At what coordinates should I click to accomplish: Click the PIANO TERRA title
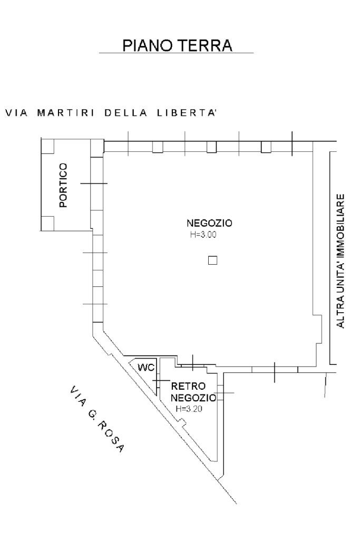click(x=177, y=46)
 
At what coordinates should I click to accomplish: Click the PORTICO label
click(x=63, y=185)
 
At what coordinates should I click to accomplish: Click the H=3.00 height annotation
click(x=203, y=234)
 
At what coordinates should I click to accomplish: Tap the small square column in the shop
click(x=213, y=260)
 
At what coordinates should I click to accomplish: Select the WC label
click(x=145, y=367)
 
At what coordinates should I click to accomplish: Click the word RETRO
click(x=185, y=387)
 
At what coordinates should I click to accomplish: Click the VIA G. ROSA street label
click(x=97, y=419)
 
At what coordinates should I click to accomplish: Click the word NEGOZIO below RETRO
click(x=193, y=397)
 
